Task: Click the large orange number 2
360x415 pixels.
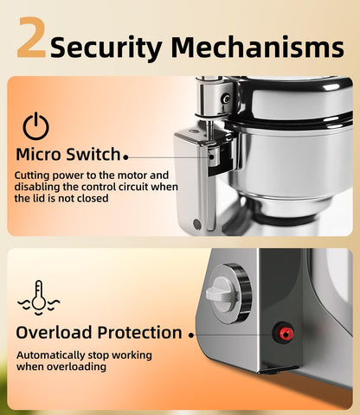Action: click(31, 37)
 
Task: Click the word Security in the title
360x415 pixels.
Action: click(106, 48)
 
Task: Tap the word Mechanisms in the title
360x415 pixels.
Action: click(257, 47)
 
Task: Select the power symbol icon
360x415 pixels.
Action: click(35, 126)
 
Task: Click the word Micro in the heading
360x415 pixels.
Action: click(39, 154)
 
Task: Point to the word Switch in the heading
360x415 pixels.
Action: click(93, 154)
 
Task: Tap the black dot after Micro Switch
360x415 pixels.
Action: click(125, 157)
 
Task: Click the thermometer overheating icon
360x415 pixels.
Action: click(39, 297)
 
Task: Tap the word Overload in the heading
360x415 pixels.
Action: click(54, 333)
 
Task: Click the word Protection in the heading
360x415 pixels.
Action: click(139, 333)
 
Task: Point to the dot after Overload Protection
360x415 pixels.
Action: click(191, 335)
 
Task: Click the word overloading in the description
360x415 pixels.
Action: click(76, 367)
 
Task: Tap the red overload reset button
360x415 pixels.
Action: click(285, 334)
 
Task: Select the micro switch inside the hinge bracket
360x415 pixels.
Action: click(214, 156)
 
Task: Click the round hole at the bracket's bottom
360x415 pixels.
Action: click(196, 224)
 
